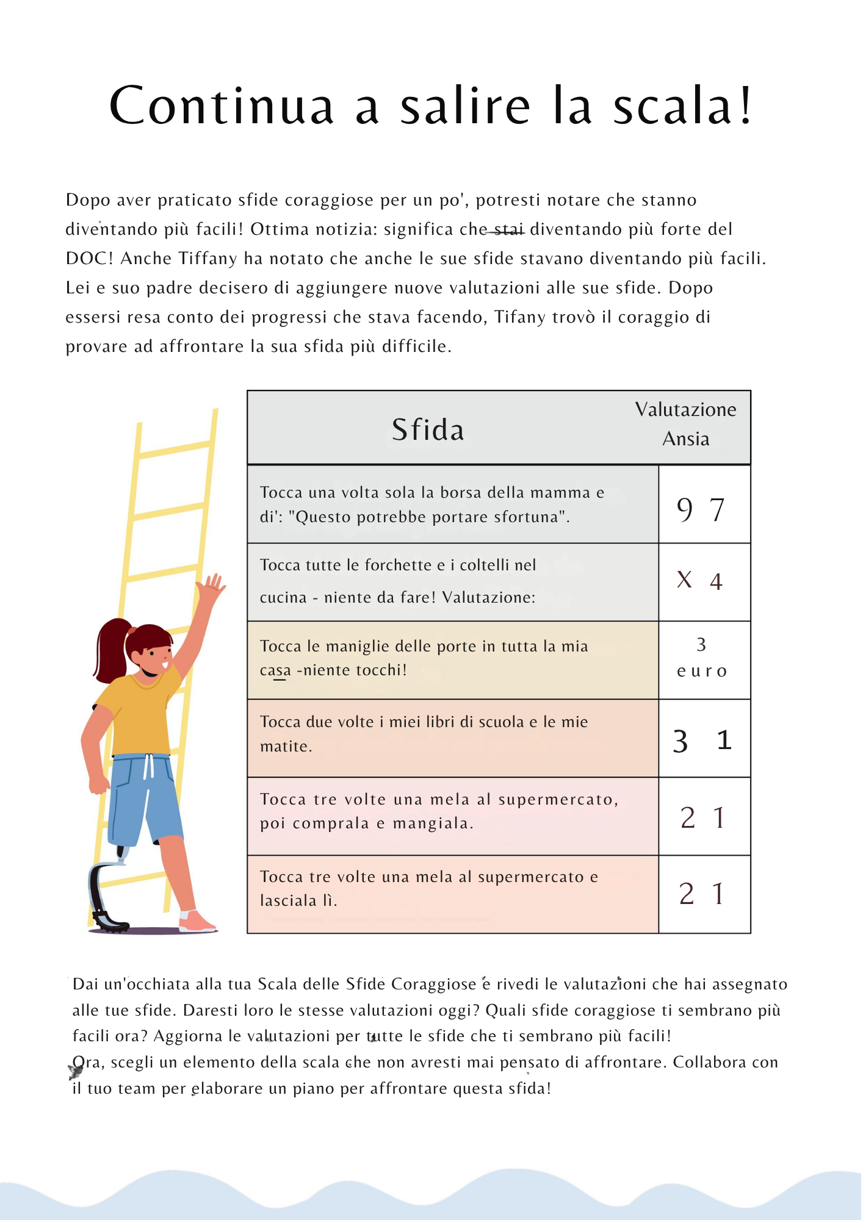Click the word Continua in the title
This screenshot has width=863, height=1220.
221,106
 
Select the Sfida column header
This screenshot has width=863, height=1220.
428,429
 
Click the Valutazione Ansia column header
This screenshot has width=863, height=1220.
685,424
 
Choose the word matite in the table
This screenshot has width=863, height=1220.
284,746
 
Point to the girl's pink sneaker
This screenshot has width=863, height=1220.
197,921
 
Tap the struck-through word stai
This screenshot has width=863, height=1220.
508,229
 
